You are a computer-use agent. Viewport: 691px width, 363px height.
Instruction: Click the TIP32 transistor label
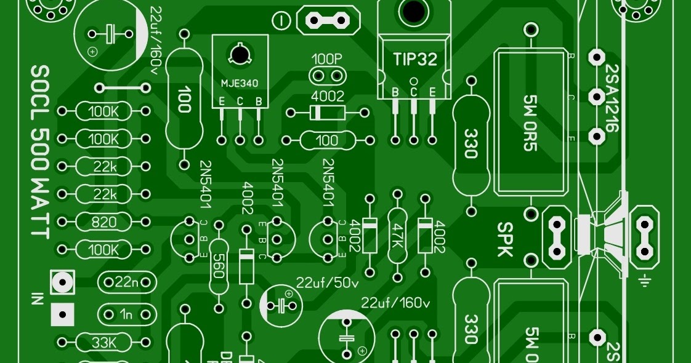[414, 60]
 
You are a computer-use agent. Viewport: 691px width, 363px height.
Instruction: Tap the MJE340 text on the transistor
[240, 82]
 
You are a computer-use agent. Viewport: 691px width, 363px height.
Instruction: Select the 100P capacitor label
[327, 60]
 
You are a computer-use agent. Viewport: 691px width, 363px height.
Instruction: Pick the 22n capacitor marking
[126, 282]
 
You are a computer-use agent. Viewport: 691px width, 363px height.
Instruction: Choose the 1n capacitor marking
[126, 315]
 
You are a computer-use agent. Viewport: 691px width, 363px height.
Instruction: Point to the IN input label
[38, 300]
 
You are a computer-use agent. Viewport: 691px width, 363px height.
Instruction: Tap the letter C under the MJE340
[240, 101]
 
